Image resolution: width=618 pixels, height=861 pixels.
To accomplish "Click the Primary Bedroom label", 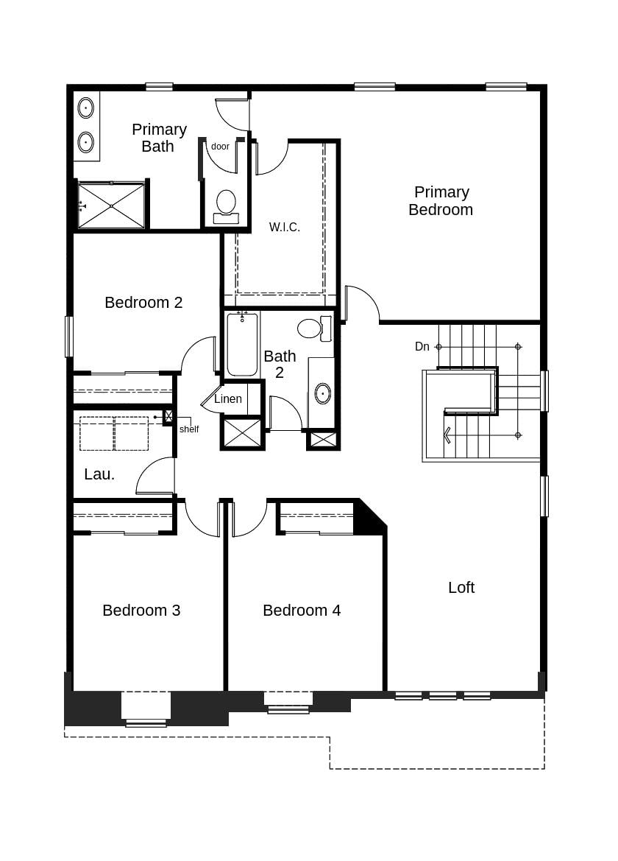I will tap(441, 201).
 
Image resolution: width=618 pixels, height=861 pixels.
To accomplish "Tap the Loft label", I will tap(461, 588).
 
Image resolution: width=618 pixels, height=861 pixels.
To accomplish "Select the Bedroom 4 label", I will tap(302, 611).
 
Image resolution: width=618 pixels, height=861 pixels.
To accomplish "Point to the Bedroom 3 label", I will tap(141, 611).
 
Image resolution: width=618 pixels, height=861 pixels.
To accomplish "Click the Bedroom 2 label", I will tap(143, 303).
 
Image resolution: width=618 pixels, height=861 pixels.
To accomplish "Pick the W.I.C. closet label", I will tap(285, 228).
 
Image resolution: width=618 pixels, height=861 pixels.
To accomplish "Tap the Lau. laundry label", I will tap(99, 475).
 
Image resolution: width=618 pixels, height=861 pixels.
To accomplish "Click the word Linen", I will tap(228, 399).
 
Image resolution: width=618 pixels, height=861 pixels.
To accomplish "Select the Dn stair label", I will tap(422, 347).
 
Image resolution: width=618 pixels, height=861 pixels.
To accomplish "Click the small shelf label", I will tap(189, 429).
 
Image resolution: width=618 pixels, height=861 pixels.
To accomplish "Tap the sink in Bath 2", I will tap(323, 394).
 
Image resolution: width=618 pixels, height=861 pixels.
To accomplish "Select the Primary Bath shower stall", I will tap(112, 205).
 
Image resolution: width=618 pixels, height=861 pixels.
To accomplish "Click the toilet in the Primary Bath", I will tap(226, 204).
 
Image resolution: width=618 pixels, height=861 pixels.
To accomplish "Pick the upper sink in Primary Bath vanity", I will tap(86, 108).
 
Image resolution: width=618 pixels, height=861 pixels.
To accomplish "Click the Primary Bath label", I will tap(159, 138).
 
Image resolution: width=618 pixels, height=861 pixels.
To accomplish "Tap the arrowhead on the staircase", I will tap(447, 435).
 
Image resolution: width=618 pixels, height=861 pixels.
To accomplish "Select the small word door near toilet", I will tap(220, 147).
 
